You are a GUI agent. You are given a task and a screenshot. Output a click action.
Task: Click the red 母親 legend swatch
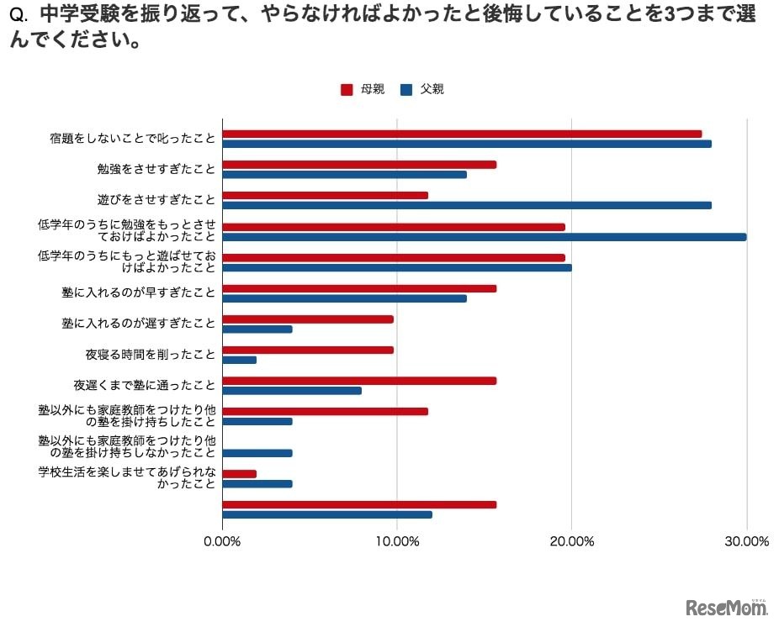(346, 90)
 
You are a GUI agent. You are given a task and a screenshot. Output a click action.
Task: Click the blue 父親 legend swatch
(406, 90)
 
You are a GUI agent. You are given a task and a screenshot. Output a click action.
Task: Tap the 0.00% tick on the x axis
(222, 541)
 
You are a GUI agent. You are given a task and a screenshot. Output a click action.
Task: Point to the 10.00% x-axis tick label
(396, 541)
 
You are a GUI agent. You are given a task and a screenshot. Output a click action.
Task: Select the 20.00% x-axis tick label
(571, 541)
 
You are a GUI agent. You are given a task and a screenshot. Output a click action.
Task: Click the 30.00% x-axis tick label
(746, 541)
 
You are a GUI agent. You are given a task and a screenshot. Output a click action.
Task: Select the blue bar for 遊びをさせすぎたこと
(467, 205)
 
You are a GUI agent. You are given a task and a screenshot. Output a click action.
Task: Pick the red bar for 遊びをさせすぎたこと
(325, 195)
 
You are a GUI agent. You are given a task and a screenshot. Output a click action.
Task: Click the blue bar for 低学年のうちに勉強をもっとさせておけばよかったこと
(484, 236)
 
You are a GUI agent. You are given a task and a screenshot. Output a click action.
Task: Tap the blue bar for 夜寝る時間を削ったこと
(240, 360)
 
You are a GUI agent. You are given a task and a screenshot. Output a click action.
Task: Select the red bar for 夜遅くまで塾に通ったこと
(359, 381)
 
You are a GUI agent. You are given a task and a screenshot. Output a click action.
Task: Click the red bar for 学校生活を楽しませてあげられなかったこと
(240, 473)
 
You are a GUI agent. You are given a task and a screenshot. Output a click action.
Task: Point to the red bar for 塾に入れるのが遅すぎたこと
(308, 319)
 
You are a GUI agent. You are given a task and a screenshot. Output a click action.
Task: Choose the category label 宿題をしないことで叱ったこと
(132, 139)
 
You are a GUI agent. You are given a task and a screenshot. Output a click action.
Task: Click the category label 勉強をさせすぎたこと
(156, 169)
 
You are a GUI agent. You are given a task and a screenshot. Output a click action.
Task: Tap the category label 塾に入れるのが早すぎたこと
(139, 292)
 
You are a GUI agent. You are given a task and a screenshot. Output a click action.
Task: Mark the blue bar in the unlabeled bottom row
(327, 514)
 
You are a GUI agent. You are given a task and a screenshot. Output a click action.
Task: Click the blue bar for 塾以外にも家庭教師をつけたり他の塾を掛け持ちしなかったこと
(257, 453)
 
